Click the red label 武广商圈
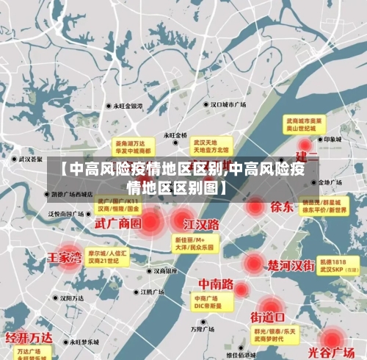click(x=119, y=223)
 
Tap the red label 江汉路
click(x=202, y=223)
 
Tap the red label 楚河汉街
click(x=291, y=264)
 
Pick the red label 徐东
click(x=282, y=206)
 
